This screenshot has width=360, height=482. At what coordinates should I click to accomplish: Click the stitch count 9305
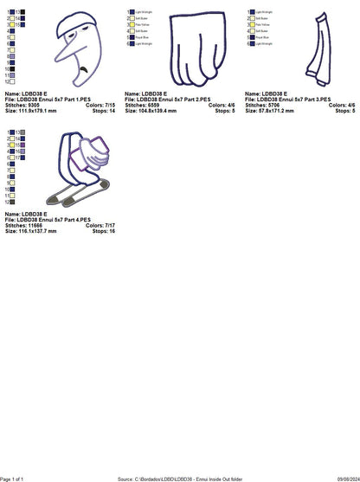[25, 107]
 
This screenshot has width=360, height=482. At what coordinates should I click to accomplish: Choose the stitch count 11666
[26, 227]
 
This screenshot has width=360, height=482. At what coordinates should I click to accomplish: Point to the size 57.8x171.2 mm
[267, 112]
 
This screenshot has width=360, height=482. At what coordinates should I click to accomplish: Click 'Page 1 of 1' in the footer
[18, 478]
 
